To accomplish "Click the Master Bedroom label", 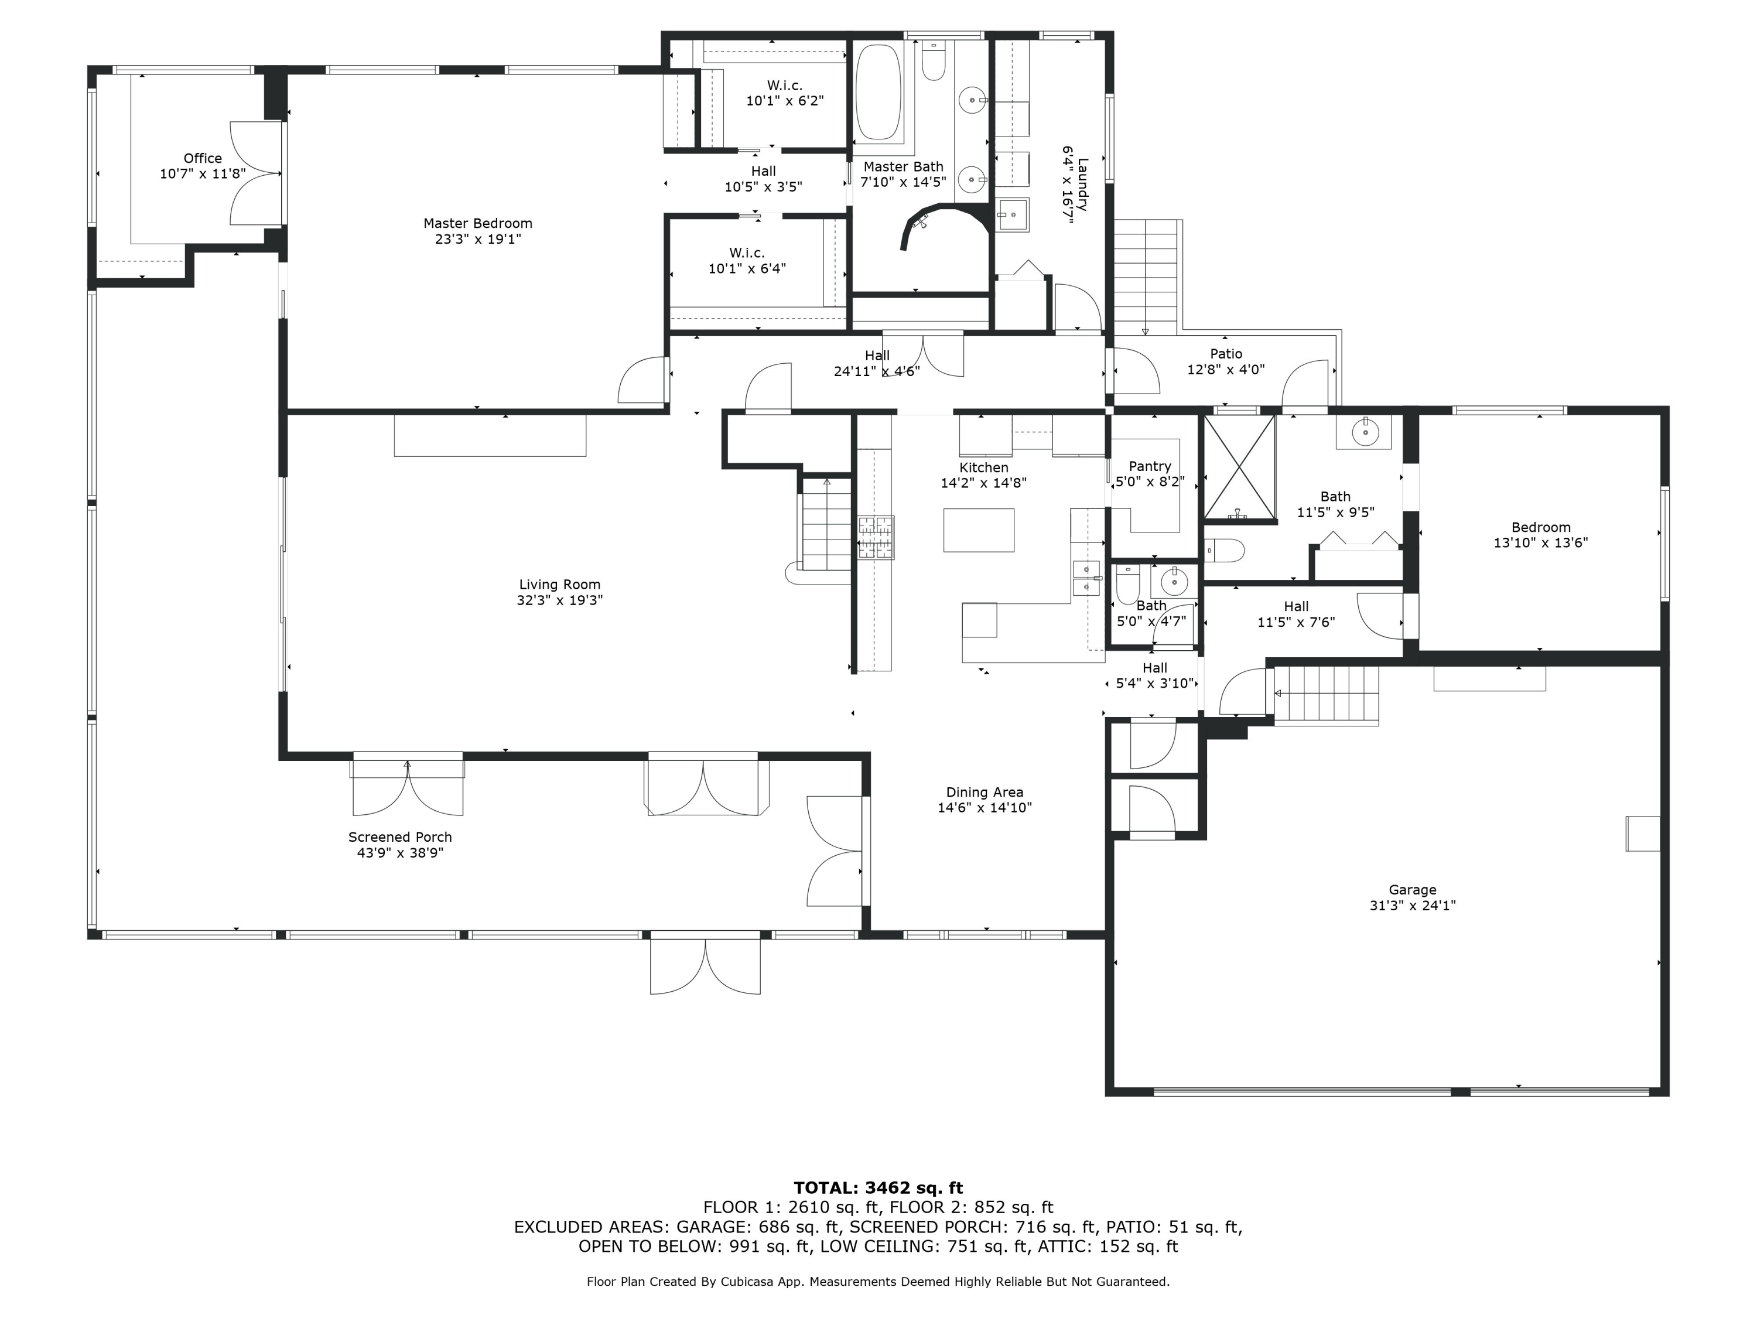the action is pyautogui.click(x=477, y=224).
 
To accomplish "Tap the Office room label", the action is pyautogui.click(x=203, y=159).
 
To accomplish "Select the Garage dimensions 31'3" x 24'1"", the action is pyautogui.click(x=1412, y=906).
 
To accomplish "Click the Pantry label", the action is pyautogui.click(x=1149, y=466).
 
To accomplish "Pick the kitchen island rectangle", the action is pyautogui.click(x=979, y=530).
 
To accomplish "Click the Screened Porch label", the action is pyautogui.click(x=399, y=837).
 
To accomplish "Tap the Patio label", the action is pyautogui.click(x=1226, y=354).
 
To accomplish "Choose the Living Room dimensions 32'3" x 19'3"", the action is pyautogui.click(x=559, y=600).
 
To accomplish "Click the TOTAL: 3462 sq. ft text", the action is pyautogui.click(x=878, y=1188).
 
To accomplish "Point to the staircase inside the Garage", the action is pyautogui.click(x=1327, y=694).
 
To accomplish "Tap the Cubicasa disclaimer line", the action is pyautogui.click(x=878, y=1282).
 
